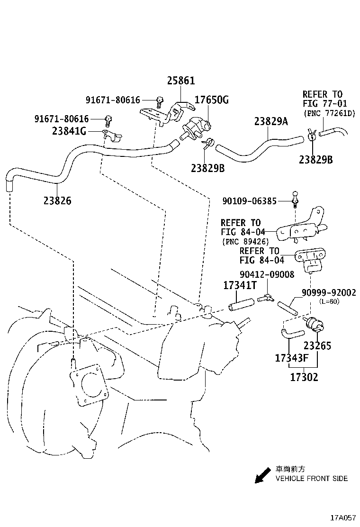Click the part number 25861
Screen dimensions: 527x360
tap(180, 81)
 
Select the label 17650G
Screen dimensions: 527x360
tap(212, 100)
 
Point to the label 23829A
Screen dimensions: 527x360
tap(271, 121)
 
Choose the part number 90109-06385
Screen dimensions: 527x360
tap(249, 201)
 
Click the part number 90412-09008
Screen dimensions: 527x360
tap(267, 274)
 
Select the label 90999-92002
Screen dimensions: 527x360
tap(329, 293)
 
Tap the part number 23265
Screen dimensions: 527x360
tap(317, 345)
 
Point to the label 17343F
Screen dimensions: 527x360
tap(292, 358)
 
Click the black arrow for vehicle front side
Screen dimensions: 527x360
tap(261, 476)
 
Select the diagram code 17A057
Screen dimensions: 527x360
tap(343, 517)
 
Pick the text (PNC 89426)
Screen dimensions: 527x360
tap(245, 241)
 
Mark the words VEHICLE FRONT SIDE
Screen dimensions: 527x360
tap(312, 478)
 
